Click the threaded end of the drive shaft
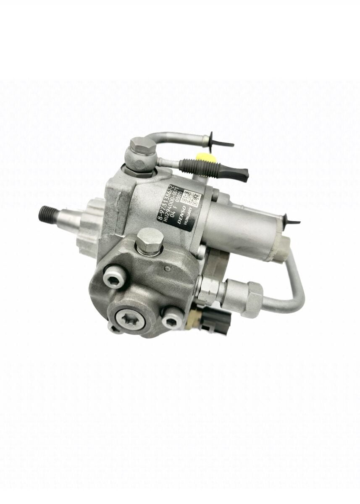point(45,210)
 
